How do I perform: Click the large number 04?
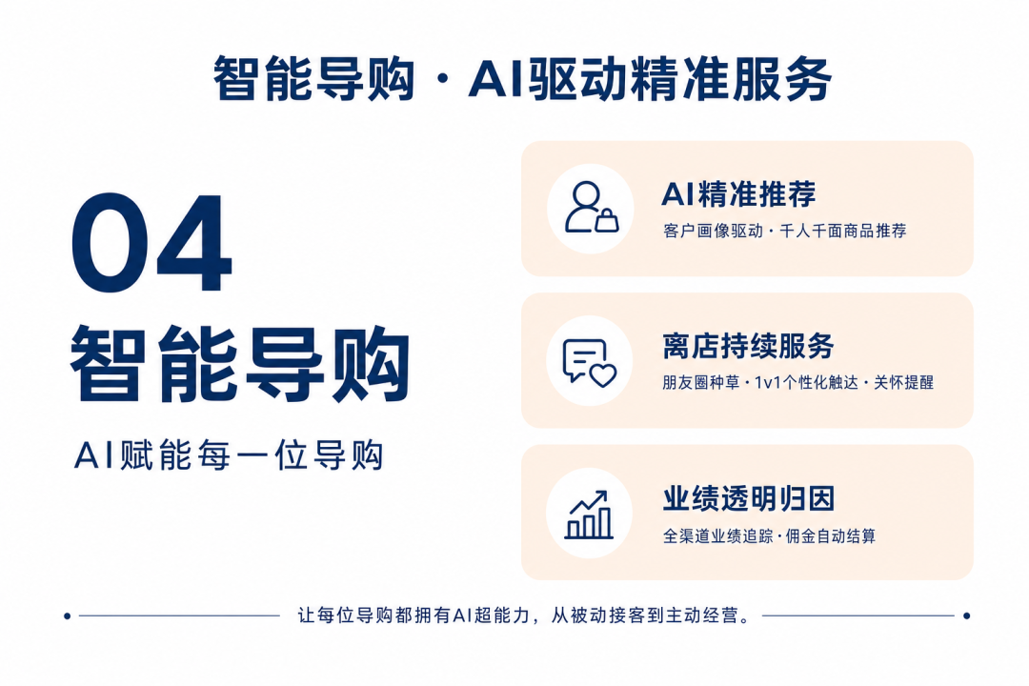click(151, 243)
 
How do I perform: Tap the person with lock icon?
click(591, 208)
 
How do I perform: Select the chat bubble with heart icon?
click(590, 361)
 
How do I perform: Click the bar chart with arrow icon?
click(589, 514)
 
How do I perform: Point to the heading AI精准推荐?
click(738, 193)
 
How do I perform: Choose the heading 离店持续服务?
click(748, 346)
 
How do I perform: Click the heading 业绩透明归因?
click(748, 498)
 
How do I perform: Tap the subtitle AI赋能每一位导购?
click(229, 454)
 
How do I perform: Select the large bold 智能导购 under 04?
click(239, 363)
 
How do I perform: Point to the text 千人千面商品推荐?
click(842, 232)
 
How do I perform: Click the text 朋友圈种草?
click(700, 383)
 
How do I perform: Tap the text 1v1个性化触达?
click(807, 383)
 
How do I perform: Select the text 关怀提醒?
click(903, 383)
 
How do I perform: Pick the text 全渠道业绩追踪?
click(718, 535)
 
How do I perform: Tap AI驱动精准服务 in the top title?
click(650, 79)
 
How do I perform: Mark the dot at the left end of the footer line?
click(67, 615)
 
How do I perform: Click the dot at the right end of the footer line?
click(966, 615)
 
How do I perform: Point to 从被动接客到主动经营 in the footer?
click(650, 615)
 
